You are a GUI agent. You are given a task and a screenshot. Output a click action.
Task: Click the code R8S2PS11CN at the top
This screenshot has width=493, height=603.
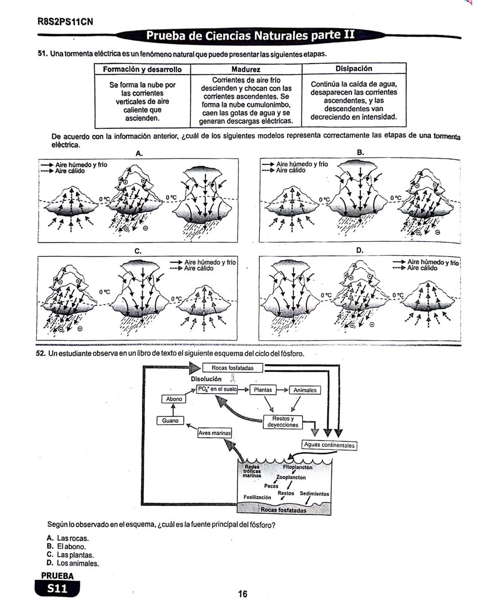(x=65, y=21)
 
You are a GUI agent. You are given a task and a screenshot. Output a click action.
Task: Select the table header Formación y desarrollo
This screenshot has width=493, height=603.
(x=142, y=69)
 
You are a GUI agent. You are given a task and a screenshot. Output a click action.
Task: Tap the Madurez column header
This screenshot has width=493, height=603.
(x=246, y=69)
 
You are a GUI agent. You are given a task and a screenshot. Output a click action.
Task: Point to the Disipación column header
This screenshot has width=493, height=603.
(x=354, y=68)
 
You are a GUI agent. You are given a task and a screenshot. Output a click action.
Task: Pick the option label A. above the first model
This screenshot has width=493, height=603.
(x=139, y=153)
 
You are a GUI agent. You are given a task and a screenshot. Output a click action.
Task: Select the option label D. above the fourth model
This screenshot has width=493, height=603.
(x=360, y=250)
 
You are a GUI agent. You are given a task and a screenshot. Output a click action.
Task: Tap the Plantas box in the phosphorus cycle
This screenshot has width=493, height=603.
(x=262, y=390)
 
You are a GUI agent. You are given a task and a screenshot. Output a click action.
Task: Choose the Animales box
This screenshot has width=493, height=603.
(x=304, y=390)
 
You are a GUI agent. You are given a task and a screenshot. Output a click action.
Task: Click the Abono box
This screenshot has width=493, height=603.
(x=174, y=399)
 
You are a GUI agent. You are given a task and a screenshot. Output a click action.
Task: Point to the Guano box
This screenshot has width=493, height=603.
(x=170, y=420)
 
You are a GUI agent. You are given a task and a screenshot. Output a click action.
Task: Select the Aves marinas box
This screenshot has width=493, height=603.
(x=215, y=433)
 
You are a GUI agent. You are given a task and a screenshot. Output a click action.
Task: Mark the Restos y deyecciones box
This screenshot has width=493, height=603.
(x=283, y=421)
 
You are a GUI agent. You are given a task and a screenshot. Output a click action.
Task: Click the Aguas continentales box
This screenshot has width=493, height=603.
(x=329, y=445)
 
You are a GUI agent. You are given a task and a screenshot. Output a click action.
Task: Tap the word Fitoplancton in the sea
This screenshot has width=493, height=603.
(x=298, y=467)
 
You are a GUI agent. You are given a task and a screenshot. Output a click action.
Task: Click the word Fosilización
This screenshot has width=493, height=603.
(x=257, y=497)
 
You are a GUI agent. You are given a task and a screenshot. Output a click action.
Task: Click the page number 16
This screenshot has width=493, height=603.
(x=242, y=593)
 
